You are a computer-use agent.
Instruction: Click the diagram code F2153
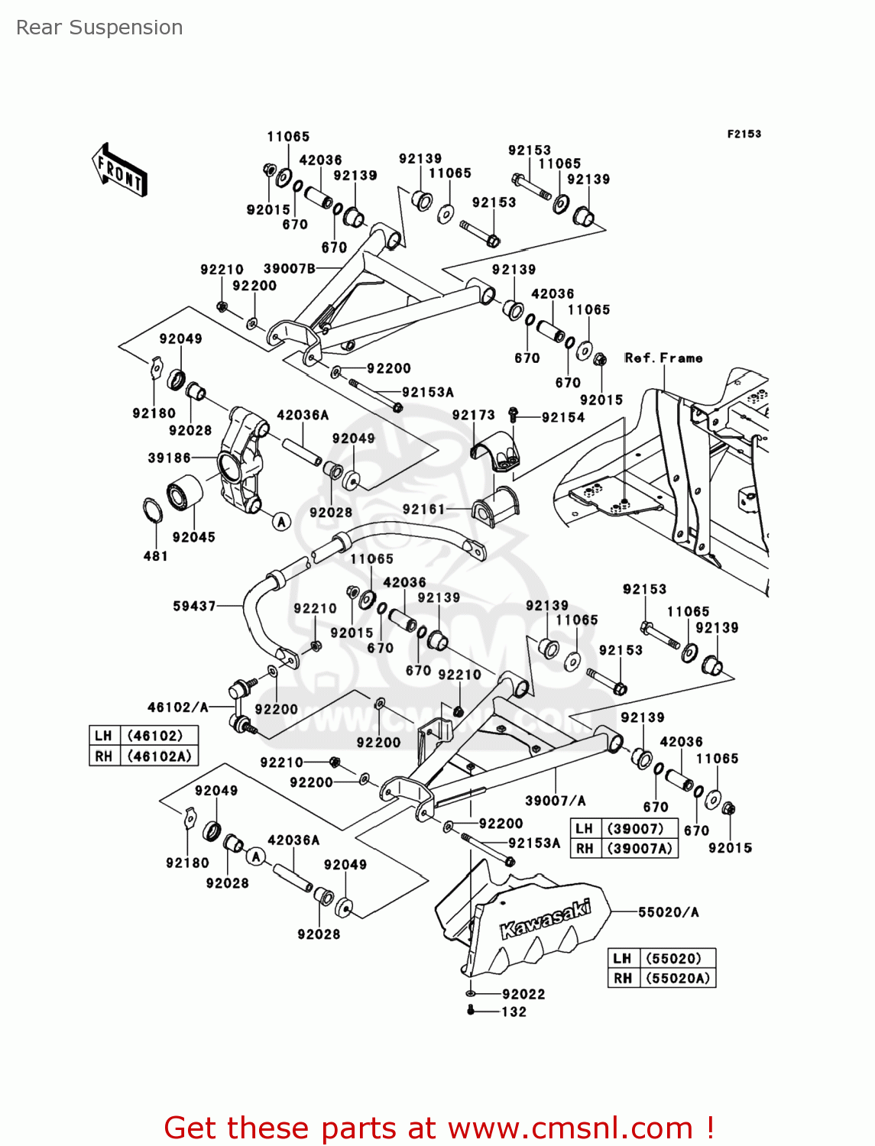point(743,134)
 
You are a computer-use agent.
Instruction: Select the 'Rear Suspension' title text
point(99,28)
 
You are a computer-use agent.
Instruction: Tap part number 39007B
point(289,269)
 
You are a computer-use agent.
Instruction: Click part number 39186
point(169,458)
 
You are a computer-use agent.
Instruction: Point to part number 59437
point(194,606)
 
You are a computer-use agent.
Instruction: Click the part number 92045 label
point(193,537)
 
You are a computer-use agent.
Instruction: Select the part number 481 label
point(155,556)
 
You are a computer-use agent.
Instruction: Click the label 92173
point(473,415)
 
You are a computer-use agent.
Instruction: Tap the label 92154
point(563,417)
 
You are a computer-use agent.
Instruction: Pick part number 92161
point(423,509)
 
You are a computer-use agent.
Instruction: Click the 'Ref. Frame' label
point(663,358)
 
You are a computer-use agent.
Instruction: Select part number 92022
point(523,994)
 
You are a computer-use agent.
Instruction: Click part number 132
point(514,1012)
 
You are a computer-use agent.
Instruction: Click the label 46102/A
point(177,707)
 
